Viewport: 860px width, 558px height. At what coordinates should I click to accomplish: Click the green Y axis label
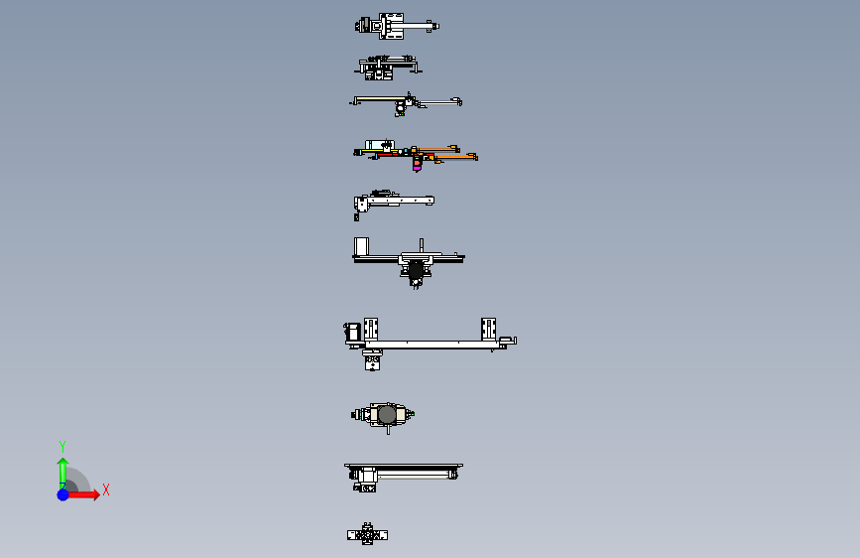[61, 446]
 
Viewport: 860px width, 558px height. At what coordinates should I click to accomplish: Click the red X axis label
[105, 489]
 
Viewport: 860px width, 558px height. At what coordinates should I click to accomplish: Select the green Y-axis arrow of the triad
[62, 468]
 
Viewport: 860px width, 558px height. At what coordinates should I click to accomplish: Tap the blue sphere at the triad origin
[62, 493]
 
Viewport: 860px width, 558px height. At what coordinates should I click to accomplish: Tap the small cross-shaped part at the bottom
[367, 535]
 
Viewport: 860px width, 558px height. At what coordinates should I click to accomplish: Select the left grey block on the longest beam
[372, 329]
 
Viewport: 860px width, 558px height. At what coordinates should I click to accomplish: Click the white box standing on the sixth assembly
[362, 246]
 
